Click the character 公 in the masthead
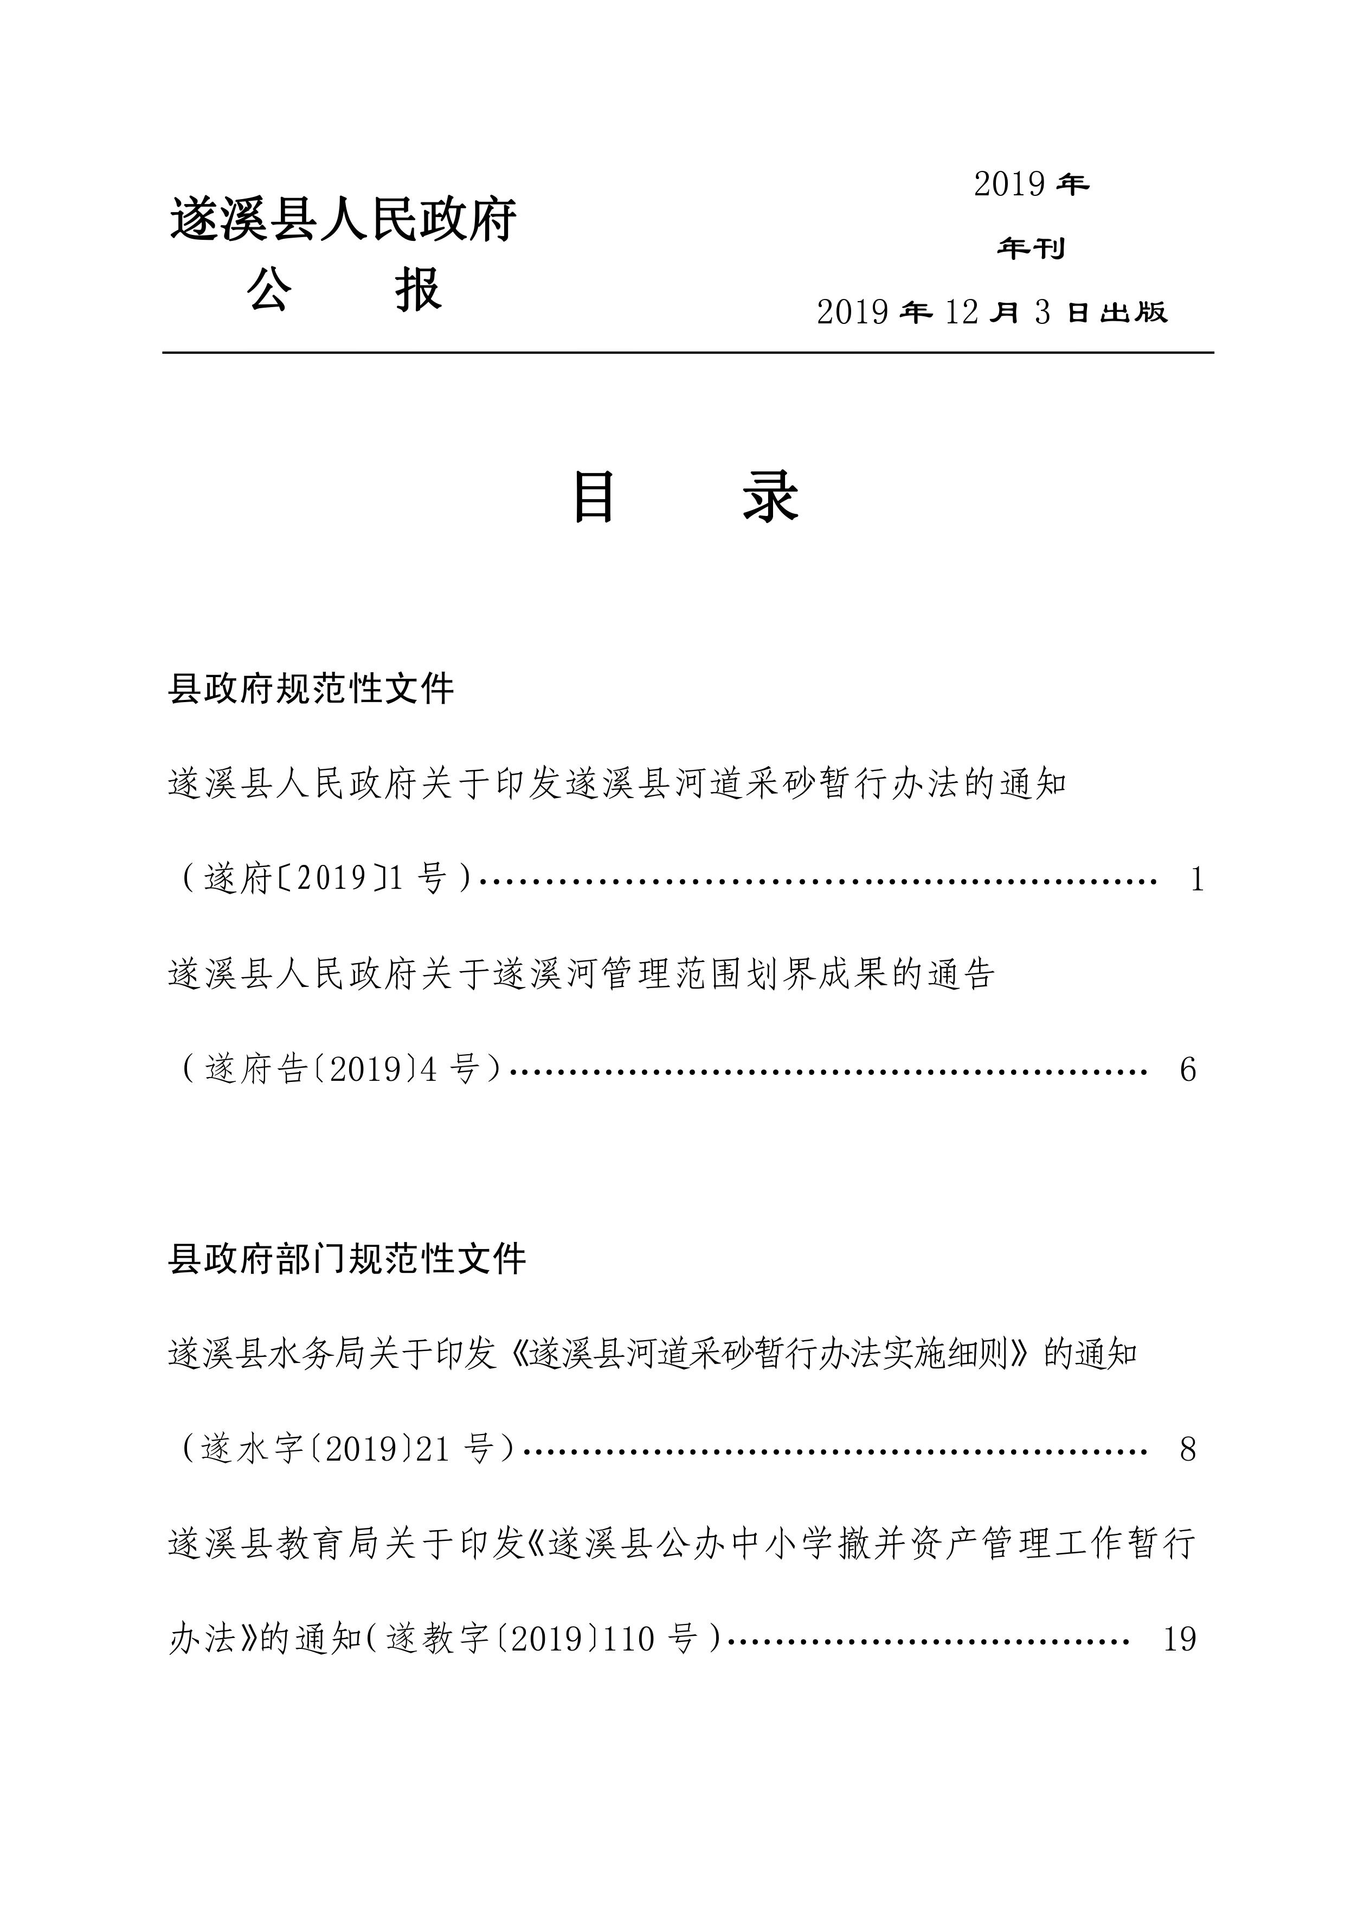coord(269,290)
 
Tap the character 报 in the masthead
coord(419,290)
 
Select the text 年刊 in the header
coord(1031,248)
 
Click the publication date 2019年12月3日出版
coord(992,312)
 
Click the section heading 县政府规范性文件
coord(311,689)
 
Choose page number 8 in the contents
coord(1187,1449)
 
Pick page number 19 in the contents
coord(1179,1639)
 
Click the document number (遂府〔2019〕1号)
coord(326,878)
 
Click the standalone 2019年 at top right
coord(1031,184)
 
